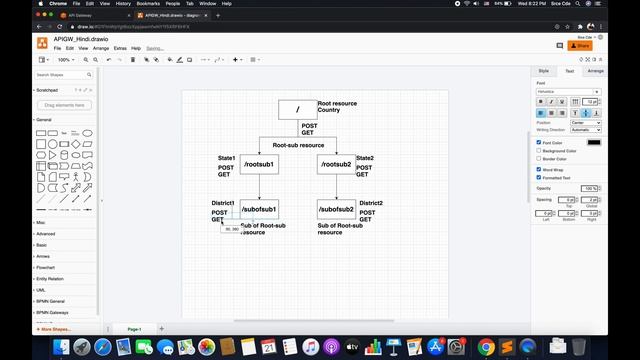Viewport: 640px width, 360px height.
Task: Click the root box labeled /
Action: click(297, 110)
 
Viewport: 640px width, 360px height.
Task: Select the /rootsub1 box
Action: click(259, 163)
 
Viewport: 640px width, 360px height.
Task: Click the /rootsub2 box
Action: click(336, 163)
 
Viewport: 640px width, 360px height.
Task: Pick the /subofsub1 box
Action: click(259, 209)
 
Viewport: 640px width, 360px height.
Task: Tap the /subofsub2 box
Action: click(336, 209)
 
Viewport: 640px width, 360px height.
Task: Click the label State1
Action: click(226, 158)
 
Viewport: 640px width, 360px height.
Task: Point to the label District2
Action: click(371, 203)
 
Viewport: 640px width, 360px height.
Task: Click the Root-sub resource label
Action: click(298, 145)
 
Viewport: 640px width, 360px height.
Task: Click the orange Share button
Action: click(580, 46)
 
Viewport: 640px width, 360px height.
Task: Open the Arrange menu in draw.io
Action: click(101, 48)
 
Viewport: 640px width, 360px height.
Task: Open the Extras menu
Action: click(120, 48)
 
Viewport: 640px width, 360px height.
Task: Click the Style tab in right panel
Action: click(544, 71)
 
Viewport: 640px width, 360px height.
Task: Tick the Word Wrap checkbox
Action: click(539, 169)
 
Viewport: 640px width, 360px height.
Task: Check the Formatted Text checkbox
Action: click(539, 177)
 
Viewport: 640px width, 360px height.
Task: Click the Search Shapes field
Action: click(62, 75)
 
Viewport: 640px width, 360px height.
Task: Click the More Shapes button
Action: click(56, 328)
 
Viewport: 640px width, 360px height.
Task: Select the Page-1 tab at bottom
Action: click(133, 328)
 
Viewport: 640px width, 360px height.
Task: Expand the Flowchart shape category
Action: click(46, 267)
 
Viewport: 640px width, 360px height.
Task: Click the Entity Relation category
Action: click(51, 279)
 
